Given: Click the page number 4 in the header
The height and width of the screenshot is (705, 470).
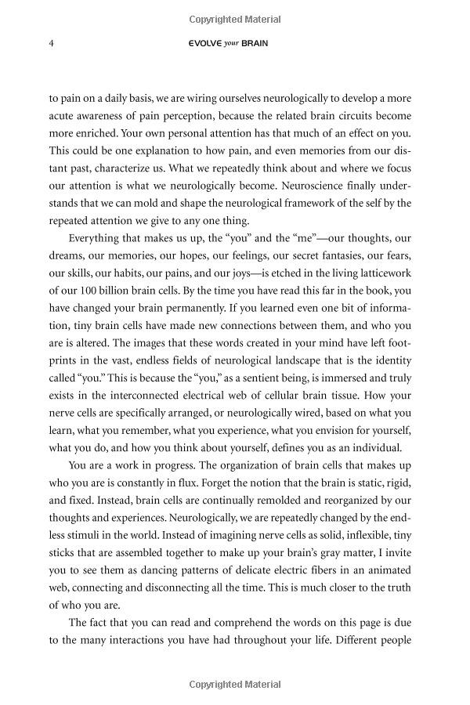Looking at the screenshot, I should (x=51, y=43).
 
